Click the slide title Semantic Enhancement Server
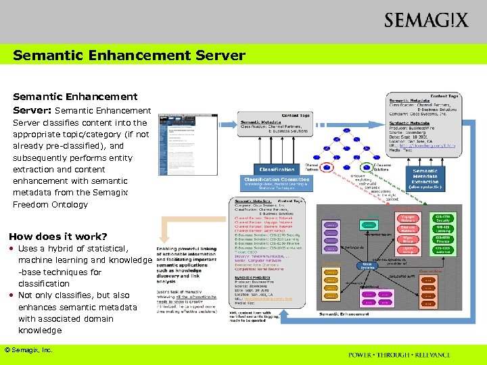coord(129,55)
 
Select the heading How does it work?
coord(58,237)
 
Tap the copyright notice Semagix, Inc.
coord(28,349)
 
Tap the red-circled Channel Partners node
coord(327,166)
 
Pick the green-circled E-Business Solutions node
coord(367,166)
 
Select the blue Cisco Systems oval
coord(367,265)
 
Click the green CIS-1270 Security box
coord(443,218)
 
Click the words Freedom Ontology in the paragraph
coord(51,204)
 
